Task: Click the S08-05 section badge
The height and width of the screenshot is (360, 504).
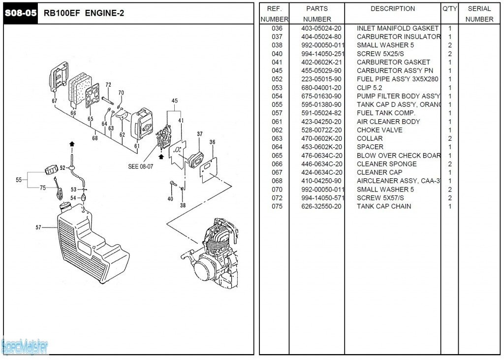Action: (21, 13)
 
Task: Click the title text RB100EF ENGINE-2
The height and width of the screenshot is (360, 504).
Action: (84, 13)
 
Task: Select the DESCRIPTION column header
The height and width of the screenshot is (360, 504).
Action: (392, 9)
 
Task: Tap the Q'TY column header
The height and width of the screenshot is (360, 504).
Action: (450, 9)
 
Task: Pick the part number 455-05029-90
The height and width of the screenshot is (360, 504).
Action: (321, 70)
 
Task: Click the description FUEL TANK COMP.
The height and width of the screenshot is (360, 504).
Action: (386, 113)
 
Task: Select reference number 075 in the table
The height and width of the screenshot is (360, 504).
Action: (277, 206)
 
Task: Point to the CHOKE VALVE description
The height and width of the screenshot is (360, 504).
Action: (379, 130)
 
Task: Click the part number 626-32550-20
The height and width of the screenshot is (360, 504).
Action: (321, 206)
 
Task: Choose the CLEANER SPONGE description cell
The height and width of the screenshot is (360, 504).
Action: (386, 164)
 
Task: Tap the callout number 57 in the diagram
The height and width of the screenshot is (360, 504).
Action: (38, 228)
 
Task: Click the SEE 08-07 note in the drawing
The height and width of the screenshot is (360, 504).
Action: (140, 166)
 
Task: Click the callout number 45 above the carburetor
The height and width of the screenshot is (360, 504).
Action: (174, 101)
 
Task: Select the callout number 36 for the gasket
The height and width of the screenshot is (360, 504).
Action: (212, 142)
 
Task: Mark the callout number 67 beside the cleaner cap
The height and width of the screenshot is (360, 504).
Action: (55, 101)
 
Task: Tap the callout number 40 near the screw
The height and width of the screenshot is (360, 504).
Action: (170, 199)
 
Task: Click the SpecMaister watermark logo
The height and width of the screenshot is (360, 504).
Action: (25, 347)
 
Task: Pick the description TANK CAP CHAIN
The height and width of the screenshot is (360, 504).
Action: (384, 206)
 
